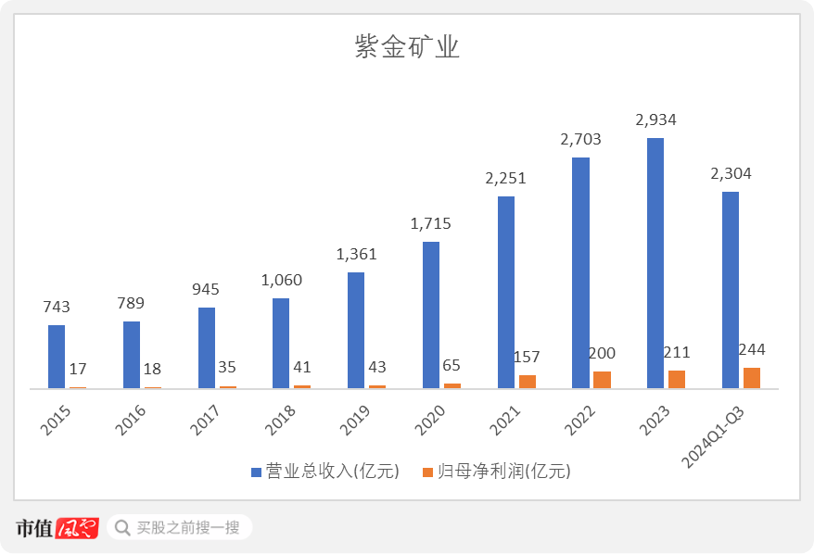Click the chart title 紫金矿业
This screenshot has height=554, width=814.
(407, 49)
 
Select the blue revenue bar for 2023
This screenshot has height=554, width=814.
(655, 263)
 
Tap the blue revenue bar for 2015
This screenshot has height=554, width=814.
(57, 357)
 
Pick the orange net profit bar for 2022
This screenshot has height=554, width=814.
(602, 379)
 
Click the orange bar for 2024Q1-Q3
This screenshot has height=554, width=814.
(752, 377)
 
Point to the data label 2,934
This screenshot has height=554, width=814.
(655, 120)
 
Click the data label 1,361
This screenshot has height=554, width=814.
(356, 254)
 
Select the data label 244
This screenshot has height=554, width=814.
(752, 349)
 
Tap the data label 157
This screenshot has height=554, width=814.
(527, 357)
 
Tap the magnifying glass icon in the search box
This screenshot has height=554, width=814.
(121, 528)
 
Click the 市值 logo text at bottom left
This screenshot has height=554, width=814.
(34, 528)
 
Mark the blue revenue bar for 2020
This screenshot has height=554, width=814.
(431, 315)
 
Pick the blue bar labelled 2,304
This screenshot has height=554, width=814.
(731, 290)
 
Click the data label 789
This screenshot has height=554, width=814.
(132, 303)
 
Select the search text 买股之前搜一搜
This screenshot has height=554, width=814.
(188, 528)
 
